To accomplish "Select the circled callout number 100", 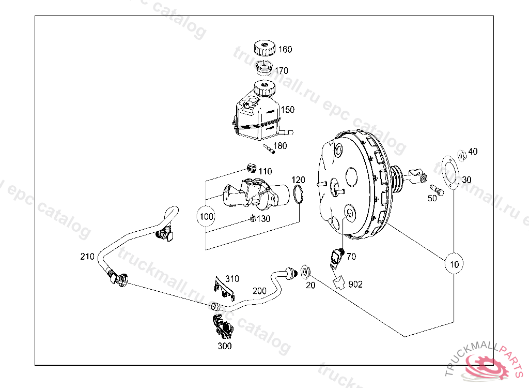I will (x=207, y=217).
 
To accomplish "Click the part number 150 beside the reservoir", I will (x=287, y=110).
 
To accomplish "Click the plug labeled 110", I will (x=252, y=168).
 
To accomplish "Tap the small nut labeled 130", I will (x=253, y=218).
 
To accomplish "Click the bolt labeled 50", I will (x=437, y=190).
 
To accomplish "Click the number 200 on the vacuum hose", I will (x=259, y=291).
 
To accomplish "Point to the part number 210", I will (x=87, y=256).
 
